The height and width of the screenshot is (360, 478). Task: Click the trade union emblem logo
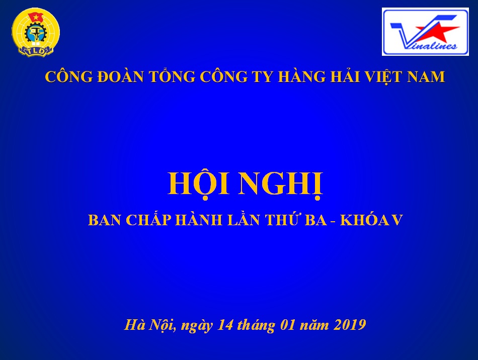coord(36,33)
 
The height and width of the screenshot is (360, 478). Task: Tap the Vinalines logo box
coord(425,32)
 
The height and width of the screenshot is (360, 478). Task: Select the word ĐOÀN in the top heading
coord(120,76)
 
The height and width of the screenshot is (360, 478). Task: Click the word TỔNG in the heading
coord(172,75)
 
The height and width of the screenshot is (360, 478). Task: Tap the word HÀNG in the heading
coord(302,76)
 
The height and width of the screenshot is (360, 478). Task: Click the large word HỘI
coord(198,184)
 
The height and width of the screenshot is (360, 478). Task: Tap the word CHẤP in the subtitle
coord(148,219)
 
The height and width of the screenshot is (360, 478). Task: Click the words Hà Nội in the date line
coord(149,325)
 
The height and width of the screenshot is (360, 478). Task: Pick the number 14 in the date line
coord(225,325)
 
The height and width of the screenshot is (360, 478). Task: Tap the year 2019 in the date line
coord(350,325)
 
